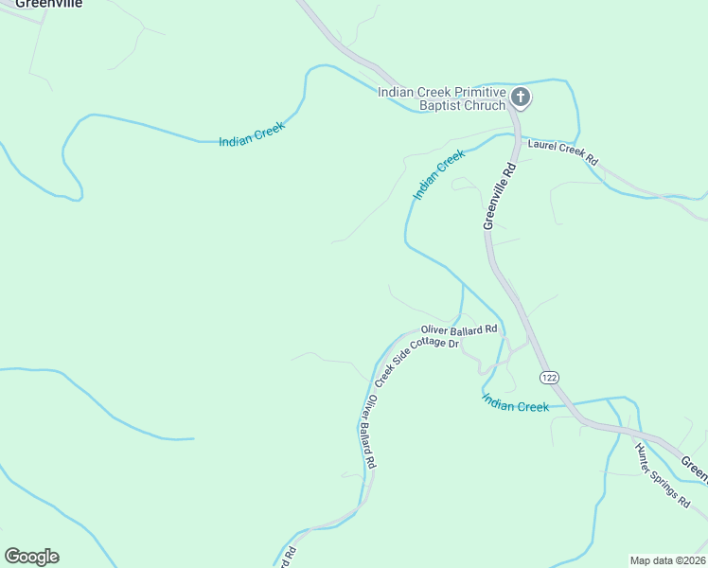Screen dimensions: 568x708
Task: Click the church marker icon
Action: point(521,97)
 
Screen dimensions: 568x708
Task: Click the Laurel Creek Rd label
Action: point(563,152)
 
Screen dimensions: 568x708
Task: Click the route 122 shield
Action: point(549,377)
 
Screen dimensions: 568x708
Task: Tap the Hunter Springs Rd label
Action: point(663,474)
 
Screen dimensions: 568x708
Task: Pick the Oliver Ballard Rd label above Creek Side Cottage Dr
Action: point(459,329)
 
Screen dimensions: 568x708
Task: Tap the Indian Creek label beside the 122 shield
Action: point(515,405)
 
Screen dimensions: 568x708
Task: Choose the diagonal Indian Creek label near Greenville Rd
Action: point(438,174)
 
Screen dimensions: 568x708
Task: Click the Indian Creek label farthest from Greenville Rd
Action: point(252,135)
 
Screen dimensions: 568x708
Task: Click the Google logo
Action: point(31,557)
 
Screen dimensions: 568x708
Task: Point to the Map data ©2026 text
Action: point(667,560)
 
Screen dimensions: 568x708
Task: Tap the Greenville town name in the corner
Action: point(47,4)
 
